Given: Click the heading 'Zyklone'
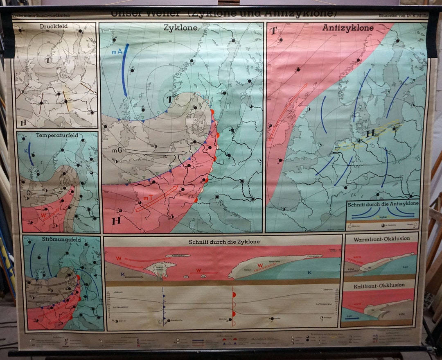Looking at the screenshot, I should (x=180, y=28).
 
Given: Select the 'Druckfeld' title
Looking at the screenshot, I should (x=54, y=27).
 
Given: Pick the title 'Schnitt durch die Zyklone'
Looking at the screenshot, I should (x=224, y=241).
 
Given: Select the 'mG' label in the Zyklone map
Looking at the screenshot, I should (x=117, y=151).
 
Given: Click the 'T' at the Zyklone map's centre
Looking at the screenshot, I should (x=170, y=99).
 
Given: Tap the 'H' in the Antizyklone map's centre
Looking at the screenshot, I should (x=370, y=133).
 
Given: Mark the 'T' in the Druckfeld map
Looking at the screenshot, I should (x=48, y=60).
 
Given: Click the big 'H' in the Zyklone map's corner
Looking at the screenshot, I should (x=116, y=221).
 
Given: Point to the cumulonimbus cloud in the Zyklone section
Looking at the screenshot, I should (x=160, y=267).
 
